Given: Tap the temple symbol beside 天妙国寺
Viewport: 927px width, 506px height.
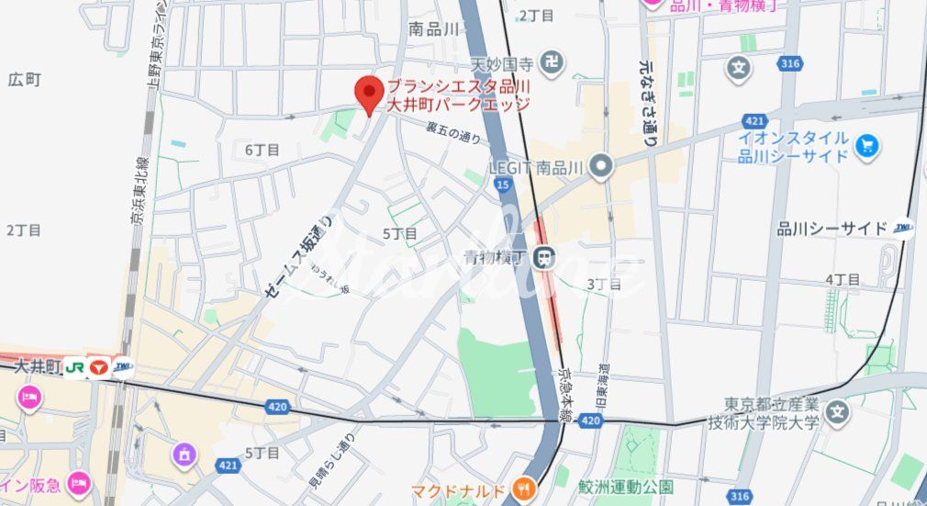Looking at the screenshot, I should click(552, 64).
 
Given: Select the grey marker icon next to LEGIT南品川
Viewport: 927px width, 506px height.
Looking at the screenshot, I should click(601, 166).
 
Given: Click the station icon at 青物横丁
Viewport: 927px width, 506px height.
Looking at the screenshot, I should click(546, 259).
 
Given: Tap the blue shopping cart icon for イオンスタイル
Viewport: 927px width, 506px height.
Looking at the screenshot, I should click(866, 145).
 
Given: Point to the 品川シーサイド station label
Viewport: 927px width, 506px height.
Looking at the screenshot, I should click(832, 229).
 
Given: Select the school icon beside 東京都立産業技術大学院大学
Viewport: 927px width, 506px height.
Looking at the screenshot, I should click(836, 412).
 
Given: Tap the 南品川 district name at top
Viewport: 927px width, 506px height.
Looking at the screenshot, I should click(433, 29).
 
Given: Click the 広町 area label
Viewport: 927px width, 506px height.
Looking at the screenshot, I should click(25, 80).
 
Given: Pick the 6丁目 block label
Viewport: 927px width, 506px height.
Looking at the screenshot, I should click(262, 150).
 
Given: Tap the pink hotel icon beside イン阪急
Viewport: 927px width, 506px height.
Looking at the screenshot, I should click(79, 482).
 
